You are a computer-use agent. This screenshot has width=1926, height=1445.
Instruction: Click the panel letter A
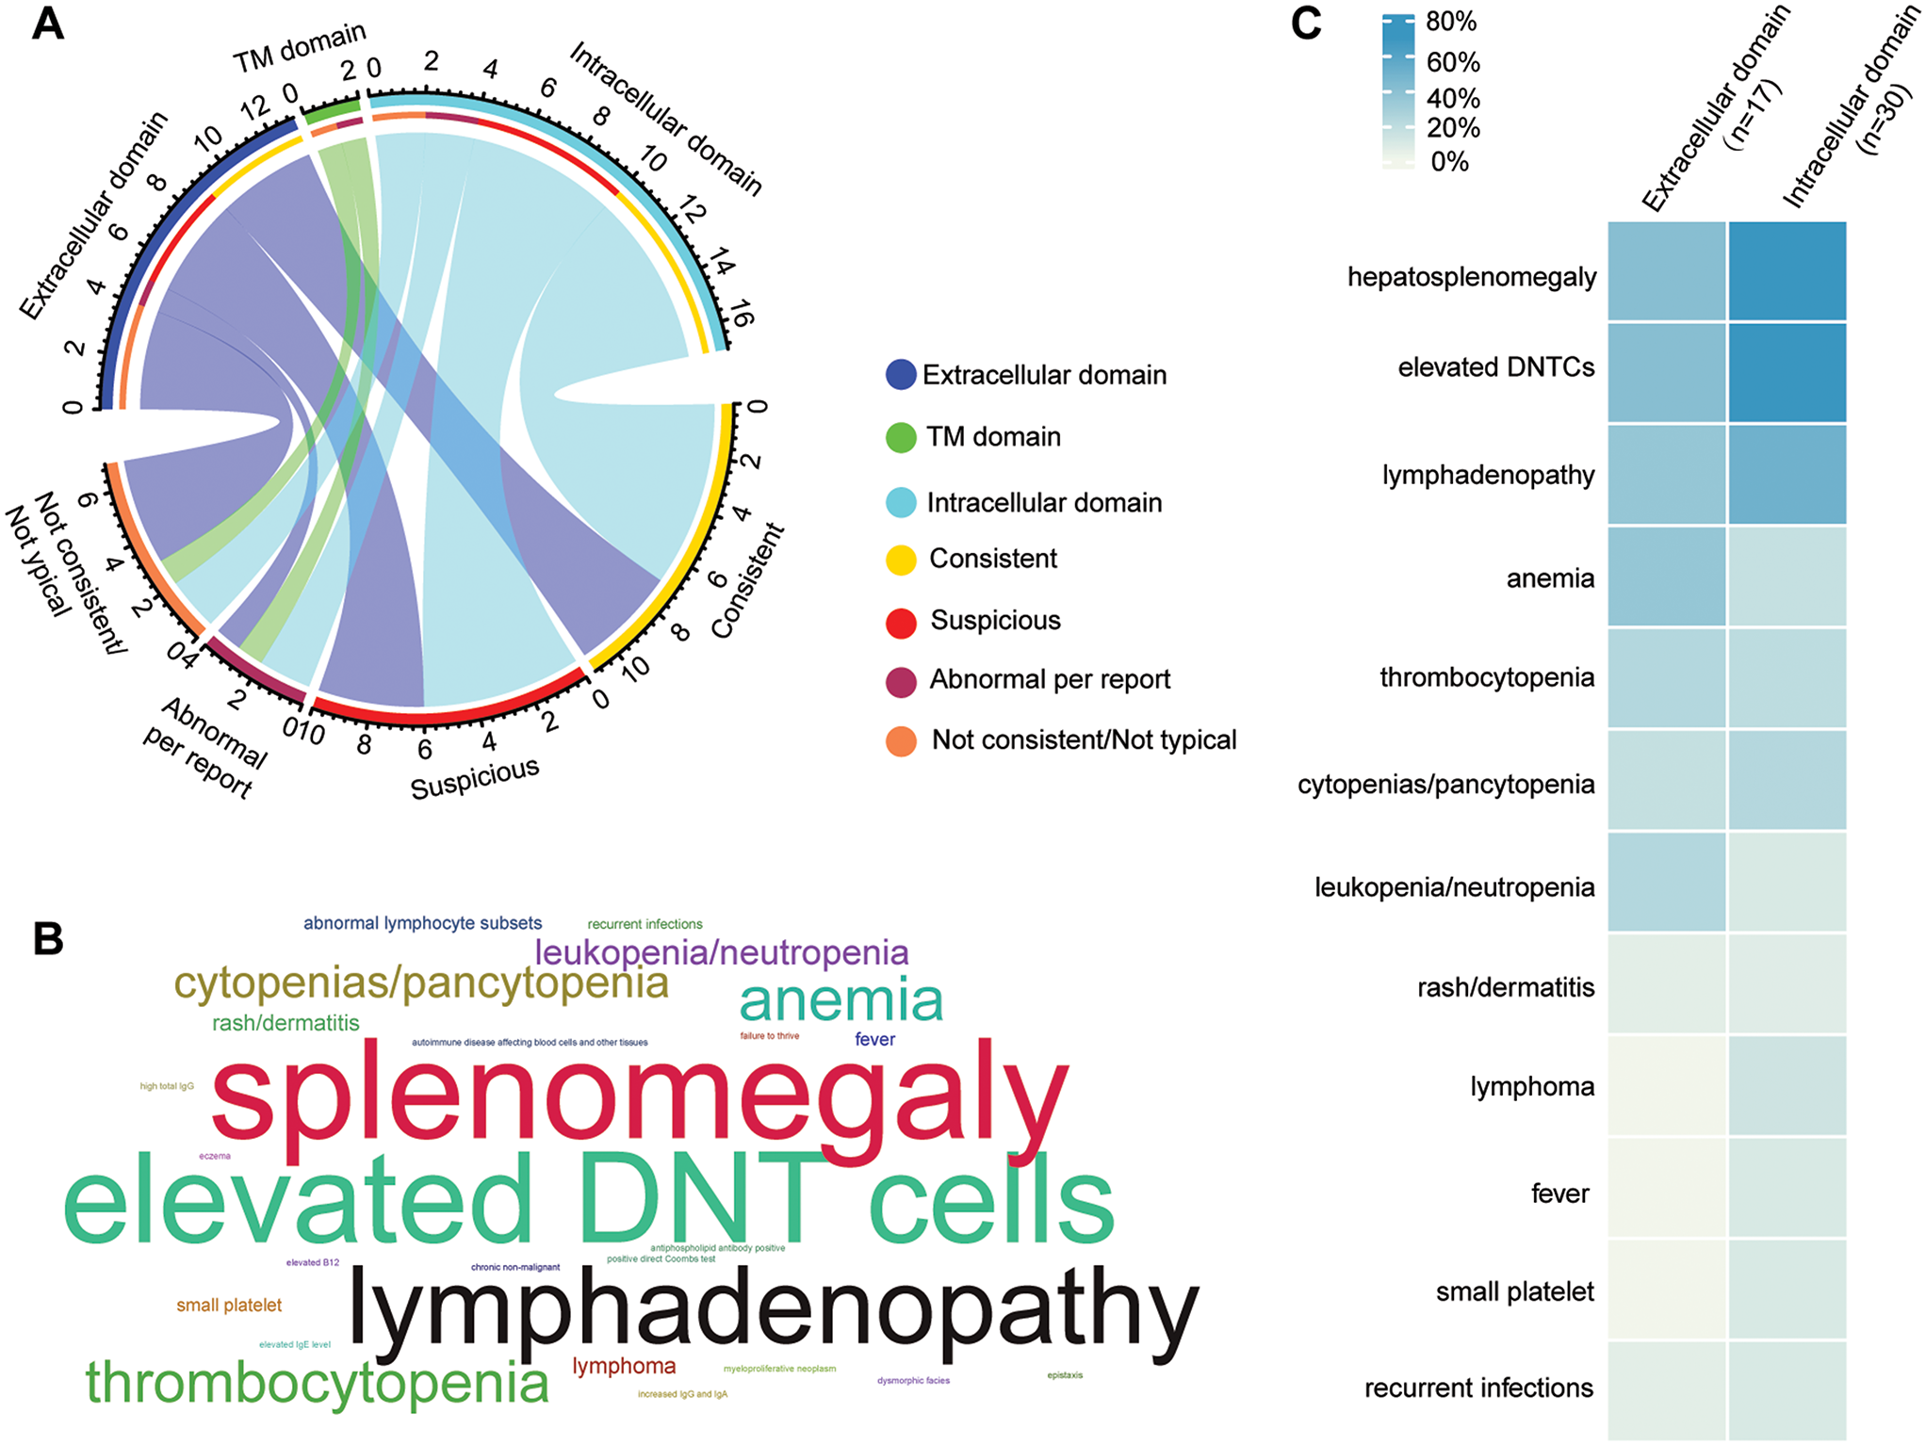48,24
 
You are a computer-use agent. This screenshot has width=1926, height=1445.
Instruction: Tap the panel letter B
48,938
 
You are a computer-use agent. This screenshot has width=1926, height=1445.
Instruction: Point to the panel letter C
1306,24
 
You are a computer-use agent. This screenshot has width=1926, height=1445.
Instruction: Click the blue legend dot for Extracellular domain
901,375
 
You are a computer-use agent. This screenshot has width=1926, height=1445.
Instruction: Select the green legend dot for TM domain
901,437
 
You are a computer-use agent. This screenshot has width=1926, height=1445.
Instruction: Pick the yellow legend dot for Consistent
901,560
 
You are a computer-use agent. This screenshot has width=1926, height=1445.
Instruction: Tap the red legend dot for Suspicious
901,622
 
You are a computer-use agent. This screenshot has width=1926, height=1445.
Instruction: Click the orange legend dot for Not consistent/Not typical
901,741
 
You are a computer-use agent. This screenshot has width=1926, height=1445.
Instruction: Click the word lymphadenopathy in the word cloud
773,1310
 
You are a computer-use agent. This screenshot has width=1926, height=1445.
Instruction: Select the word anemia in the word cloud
841,1000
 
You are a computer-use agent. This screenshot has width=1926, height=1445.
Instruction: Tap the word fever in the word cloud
874,1040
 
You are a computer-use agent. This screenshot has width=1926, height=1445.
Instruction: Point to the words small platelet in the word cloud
229,1306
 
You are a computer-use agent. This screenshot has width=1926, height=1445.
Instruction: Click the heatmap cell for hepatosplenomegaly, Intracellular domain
1787,271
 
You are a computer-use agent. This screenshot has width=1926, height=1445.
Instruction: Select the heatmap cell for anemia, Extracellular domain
1666,576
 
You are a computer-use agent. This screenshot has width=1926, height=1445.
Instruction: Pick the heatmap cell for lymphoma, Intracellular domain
1787,1085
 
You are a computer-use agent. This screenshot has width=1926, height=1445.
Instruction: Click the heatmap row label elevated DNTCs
1495,367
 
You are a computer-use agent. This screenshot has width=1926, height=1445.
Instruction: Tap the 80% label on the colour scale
1451,22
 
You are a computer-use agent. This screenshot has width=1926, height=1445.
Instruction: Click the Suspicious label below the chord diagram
475,779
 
